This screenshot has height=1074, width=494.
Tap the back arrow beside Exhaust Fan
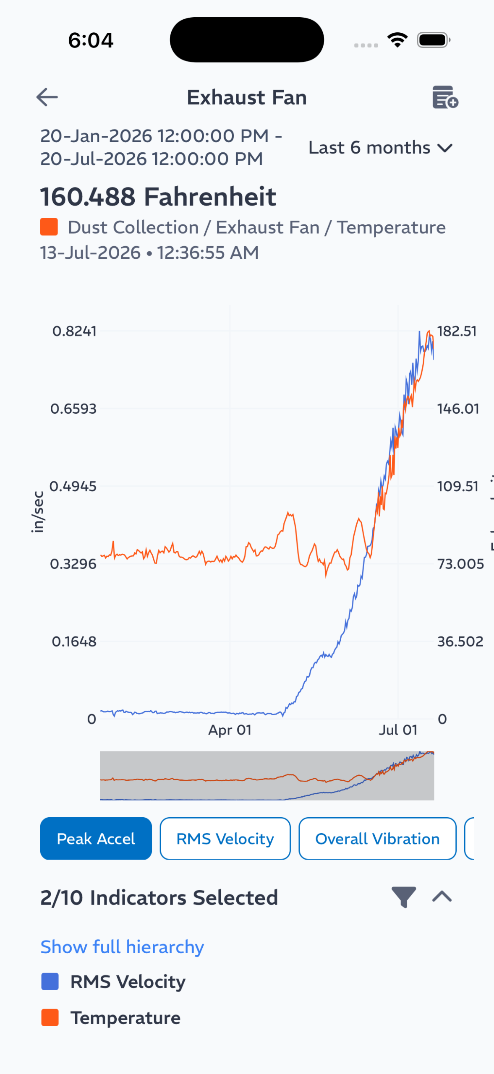coord(47,97)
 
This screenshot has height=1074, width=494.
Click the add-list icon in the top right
coord(445,97)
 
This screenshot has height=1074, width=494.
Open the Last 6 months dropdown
coord(380,148)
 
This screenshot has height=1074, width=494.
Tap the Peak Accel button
coord(96,839)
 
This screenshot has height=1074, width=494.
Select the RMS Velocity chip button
coord(225,839)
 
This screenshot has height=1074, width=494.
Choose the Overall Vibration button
coord(377,839)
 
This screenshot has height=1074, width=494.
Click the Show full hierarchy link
coord(122,947)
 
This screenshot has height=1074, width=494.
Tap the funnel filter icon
coord(404,897)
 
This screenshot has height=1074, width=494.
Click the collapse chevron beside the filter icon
coord(442,897)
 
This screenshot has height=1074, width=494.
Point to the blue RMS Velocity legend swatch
coord(50,982)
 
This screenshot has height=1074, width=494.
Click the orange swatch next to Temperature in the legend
coord(50,1018)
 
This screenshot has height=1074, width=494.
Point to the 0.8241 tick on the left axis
coord(74,331)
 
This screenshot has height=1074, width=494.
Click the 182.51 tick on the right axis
coord(457,331)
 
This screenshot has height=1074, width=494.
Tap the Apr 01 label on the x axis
coord(230,730)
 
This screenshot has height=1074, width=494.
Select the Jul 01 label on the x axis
coord(398,730)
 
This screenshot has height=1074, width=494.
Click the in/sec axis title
coord(38,512)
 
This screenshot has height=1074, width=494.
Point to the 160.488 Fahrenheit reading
coord(158,197)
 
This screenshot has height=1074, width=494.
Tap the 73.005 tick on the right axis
coord(460,564)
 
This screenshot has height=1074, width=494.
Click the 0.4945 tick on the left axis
coord(73,487)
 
